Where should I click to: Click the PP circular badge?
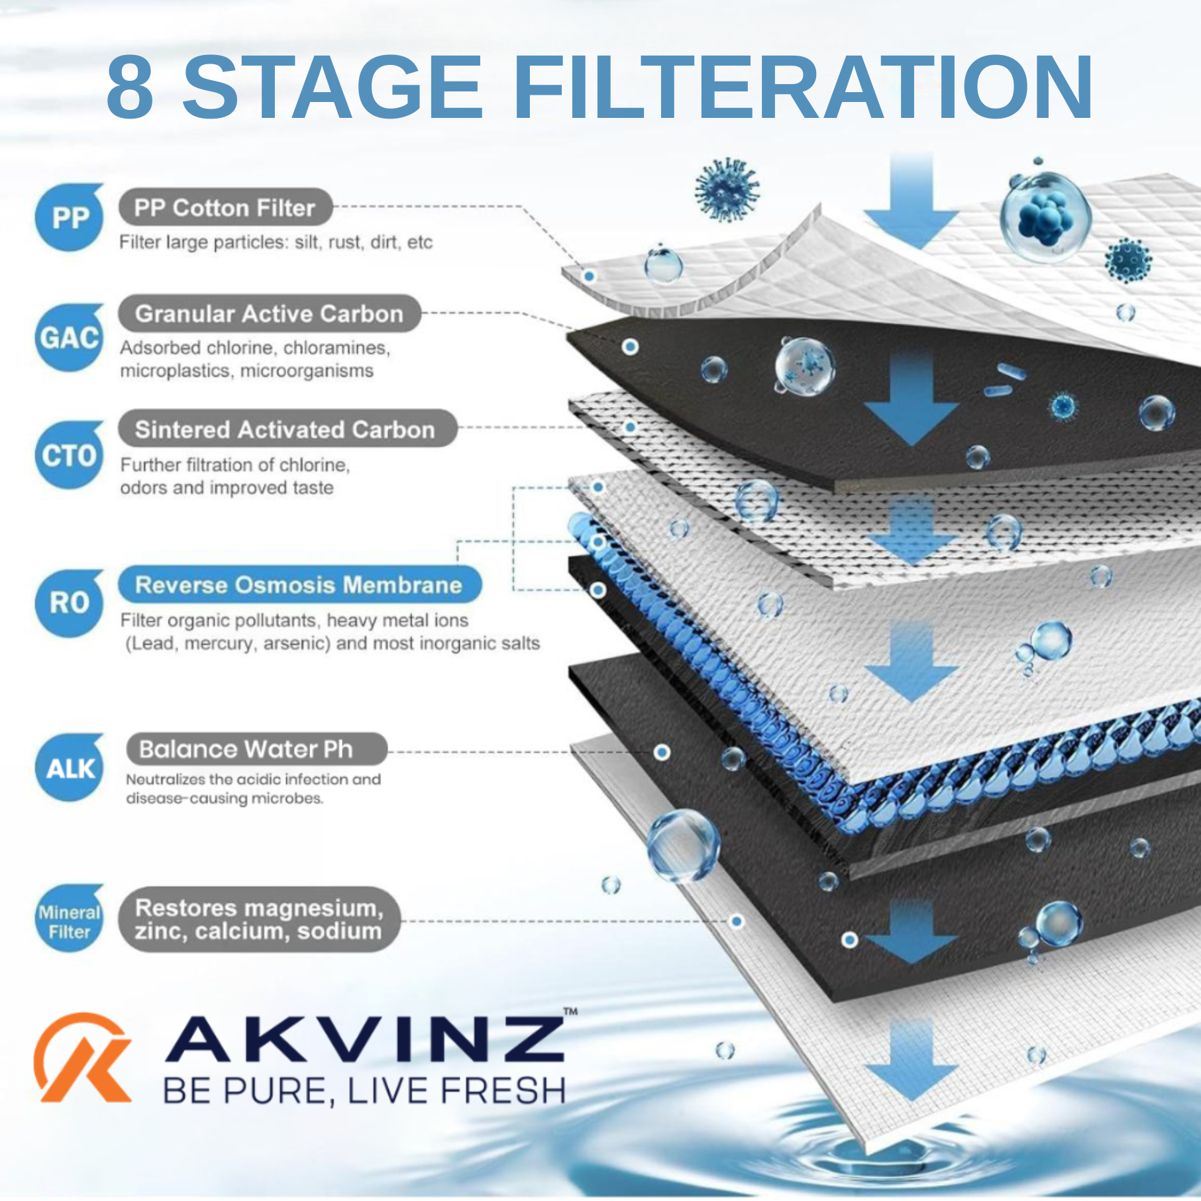coord(70,218)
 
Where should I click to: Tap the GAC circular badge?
coord(70,338)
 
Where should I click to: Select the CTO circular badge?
coord(70,455)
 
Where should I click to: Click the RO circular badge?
coord(70,603)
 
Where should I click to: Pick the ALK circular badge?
coord(70,768)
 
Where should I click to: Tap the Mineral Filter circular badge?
coord(70,919)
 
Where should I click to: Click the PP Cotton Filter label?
coord(225,208)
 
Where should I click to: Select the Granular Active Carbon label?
coord(270,314)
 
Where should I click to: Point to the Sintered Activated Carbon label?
coord(287,429)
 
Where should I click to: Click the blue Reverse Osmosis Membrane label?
coord(299,585)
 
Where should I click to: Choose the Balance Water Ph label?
coord(256,749)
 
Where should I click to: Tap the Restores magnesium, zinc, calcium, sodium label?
coord(260,919)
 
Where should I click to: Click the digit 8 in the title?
coord(130,87)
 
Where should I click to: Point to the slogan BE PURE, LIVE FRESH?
coord(364,1091)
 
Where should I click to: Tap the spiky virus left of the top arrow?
coord(727,190)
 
